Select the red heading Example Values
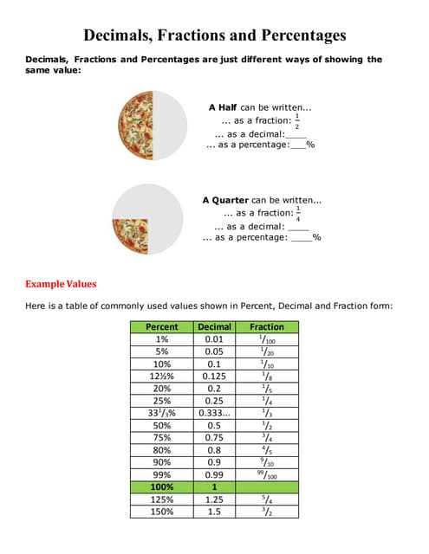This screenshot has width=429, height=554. pyautogui.click(x=61, y=284)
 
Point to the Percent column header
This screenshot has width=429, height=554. pyautogui.click(x=162, y=327)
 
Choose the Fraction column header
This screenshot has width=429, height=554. pyautogui.click(x=266, y=327)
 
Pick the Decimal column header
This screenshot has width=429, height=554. pyautogui.click(x=214, y=327)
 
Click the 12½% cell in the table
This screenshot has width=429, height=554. pyautogui.click(x=162, y=377)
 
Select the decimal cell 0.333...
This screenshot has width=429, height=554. pyautogui.click(x=214, y=414)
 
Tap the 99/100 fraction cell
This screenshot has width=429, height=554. pyautogui.click(x=266, y=475)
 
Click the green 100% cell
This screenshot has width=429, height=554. pyautogui.click(x=162, y=487)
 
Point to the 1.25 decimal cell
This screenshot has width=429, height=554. pyautogui.click(x=214, y=499)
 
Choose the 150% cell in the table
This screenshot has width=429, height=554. pyautogui.click(x=162, y=512)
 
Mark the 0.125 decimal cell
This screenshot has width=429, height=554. pyautogui.click(x=214, y=377)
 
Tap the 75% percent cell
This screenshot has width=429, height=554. pyautogui.click(x=162, y=438)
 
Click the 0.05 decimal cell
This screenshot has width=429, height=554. pyautogui.click(x=214, y=352)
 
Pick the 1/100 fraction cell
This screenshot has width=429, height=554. pyautogui.click(x=266, y=339)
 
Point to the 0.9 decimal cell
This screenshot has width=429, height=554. pyautogui.click(x=214, y=463)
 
